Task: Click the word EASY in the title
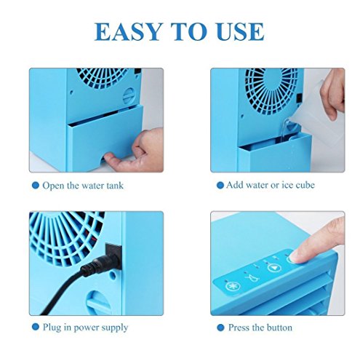tap(127, 31)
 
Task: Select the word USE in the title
tap(240, 31)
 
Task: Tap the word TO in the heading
tap(189, 31)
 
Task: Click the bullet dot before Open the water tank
tap(36, 186)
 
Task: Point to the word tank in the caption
tap(115, 186)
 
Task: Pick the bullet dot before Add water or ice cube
tap(220, 186)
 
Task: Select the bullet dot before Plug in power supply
tap(36, 327)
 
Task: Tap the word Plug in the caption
tap(52, 328)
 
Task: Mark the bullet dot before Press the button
tap(220, 328)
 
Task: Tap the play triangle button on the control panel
tap(274, 268)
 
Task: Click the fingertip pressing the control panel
tap(294, 257)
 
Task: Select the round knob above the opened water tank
tap(129, 96)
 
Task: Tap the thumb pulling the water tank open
tap(113, 158)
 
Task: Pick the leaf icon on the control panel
tap(252, 277)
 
